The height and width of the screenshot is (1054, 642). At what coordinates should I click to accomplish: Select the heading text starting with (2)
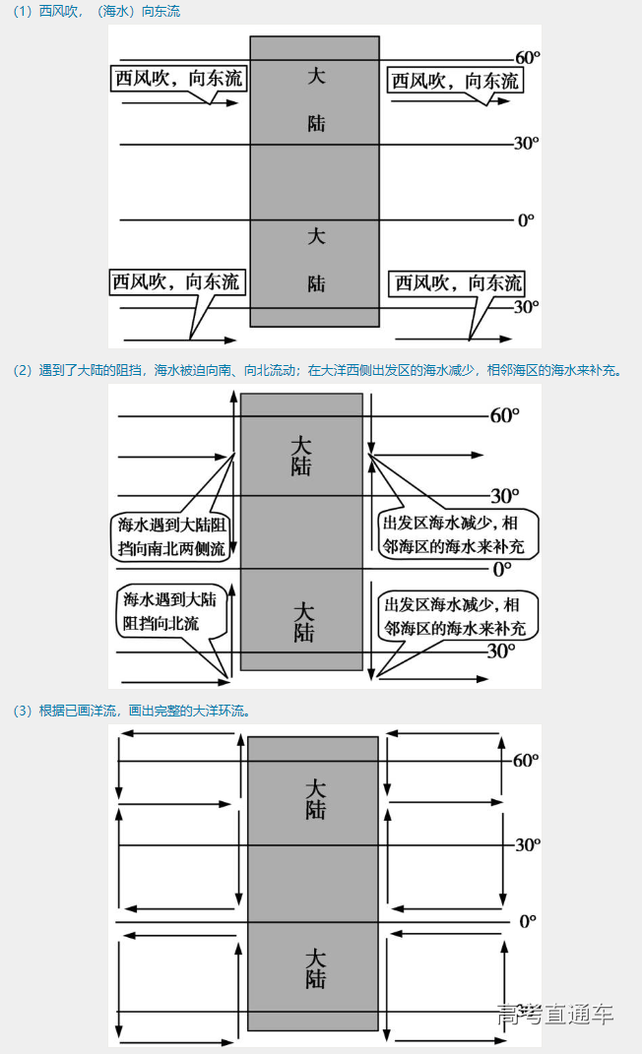(315, 371)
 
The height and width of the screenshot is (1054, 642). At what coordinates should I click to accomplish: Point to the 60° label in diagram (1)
(528, 57)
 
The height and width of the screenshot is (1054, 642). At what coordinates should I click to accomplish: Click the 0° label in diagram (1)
(526, 219)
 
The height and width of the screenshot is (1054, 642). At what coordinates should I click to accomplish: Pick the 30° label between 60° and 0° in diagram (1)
(526, 144)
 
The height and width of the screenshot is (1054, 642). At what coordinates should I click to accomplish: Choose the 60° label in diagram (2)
(504, 415)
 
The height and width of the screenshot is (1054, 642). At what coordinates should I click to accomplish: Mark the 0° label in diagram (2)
(502, 569)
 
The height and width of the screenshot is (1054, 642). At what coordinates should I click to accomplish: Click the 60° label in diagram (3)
(527, 760)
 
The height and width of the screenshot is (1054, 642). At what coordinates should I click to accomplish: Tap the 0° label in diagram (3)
(528, 921)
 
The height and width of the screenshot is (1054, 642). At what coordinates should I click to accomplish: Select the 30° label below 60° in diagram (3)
(527, 844)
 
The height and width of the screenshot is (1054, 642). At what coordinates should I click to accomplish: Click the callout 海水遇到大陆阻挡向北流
(168, 611)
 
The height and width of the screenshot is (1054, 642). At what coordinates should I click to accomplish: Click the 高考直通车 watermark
(555, 1015)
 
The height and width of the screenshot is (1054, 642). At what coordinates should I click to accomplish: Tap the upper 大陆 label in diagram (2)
(300, 456)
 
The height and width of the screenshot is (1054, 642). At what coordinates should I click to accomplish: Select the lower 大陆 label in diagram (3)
(314, 968)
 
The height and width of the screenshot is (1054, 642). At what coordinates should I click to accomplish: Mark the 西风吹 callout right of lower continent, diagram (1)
(458, 283)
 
